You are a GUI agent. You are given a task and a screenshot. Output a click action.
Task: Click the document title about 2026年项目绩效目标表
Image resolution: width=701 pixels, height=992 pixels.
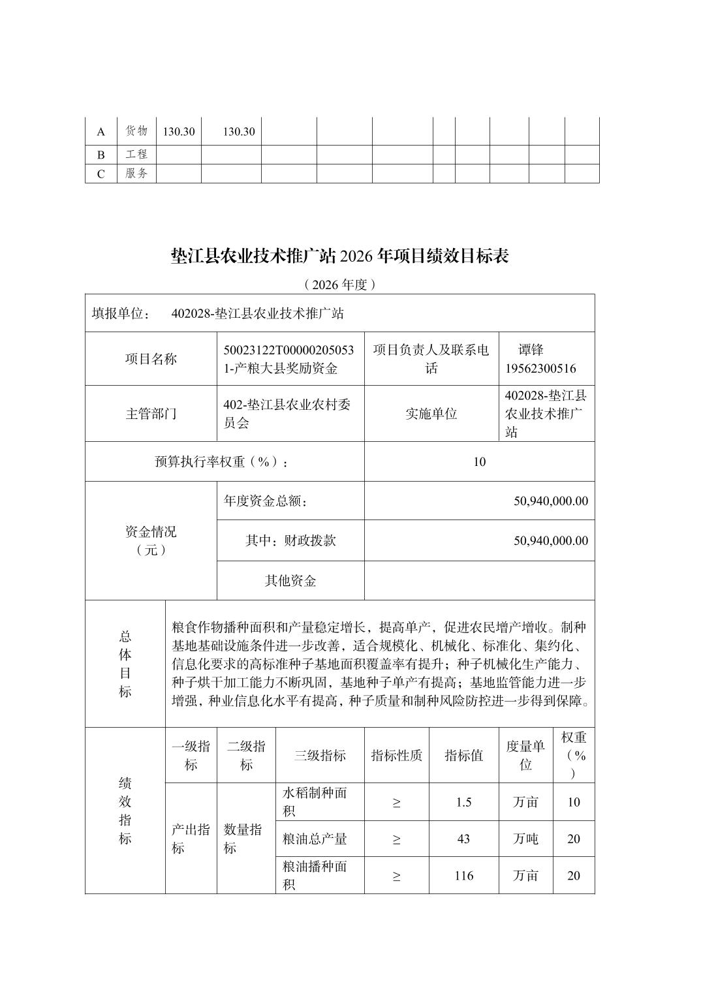pyautogui.click(x=339, y=256)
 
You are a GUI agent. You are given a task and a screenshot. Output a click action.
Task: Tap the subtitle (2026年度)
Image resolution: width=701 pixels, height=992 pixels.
pyautogui.click(x=339, y=285)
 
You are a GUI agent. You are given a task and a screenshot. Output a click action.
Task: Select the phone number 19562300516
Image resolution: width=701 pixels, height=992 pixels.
pyautogui.click(x=540, y=368)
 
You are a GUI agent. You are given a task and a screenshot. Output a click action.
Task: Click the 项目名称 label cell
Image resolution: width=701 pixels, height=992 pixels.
pyautogui.click(x=151, y=359)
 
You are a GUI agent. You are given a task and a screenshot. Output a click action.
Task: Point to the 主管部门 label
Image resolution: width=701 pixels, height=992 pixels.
pyautogui.click(x=151, y=414)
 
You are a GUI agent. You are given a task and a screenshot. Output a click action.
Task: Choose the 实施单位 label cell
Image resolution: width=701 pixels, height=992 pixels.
pyautogui.click(x=431, y=414)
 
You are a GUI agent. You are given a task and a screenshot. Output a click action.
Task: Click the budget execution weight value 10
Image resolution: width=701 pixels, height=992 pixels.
pyautogui.click(x=479, y=462)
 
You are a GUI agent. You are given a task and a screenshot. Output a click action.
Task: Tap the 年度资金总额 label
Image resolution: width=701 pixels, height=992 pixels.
pyautogui.click(x=266, y=501)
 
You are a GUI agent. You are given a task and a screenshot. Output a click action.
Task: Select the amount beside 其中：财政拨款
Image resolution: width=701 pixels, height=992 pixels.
pyautogui.click(x=551, y=540)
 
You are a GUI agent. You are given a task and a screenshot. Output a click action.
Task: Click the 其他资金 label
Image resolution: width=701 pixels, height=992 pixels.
pyautogui.click(x=290, y=581)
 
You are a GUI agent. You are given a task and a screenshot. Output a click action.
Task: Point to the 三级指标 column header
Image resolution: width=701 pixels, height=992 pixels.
pyautogui.click(x=320, y=756)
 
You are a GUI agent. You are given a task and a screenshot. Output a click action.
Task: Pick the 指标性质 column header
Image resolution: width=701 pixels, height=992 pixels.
pyautogui.click(x=396, y=756)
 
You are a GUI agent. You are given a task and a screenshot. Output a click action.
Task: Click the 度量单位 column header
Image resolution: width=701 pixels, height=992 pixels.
pyautogui.click(x=525, y=756)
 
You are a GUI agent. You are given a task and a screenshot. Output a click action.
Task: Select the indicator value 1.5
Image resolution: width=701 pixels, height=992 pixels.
pyautogui.click(x=463, y=802)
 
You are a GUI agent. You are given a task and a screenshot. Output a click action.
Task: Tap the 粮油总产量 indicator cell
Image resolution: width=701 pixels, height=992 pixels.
pyautogui.click(x=315, y=839)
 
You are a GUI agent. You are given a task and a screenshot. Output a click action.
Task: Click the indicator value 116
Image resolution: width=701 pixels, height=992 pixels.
pyautogui.click(x=463, y=876)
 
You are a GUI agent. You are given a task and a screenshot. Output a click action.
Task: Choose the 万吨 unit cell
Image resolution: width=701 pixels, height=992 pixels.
pyautogui.click(x=525, y=839)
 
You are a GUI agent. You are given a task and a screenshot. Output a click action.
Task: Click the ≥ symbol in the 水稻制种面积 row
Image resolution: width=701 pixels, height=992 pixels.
pyautogui.click(x=396, y=802)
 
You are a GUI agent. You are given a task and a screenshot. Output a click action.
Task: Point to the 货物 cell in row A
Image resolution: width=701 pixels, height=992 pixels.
pyautogui.click(x=136, y=131)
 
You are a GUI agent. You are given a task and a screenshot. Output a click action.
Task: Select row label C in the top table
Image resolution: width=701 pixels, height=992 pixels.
pyautogui.click(x=101, y=174)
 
